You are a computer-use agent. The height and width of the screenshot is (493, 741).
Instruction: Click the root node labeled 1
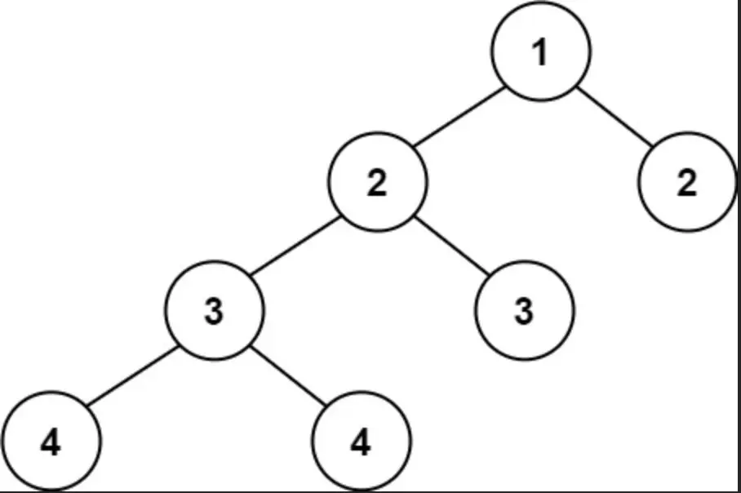540,51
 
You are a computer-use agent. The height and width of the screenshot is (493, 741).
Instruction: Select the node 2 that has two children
378,181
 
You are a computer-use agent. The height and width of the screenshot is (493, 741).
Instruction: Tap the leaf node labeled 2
687,181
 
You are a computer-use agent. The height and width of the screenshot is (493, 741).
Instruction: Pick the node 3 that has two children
214,310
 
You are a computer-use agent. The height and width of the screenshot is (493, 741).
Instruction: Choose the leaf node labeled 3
524,310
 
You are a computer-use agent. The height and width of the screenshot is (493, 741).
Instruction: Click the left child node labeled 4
51,441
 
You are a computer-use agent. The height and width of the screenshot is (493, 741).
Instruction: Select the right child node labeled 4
361,441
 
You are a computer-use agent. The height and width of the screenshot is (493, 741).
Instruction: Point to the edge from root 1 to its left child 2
459,116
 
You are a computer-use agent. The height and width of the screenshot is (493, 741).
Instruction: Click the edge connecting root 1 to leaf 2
615,116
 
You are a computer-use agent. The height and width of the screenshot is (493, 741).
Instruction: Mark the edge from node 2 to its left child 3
295,246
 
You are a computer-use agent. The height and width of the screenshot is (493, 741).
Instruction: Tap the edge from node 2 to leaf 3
451,246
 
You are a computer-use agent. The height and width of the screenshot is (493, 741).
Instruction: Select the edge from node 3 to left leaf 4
132,375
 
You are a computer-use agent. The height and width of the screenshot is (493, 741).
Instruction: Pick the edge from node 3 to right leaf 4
288,375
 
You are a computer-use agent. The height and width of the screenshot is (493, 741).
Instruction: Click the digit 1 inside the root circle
540,52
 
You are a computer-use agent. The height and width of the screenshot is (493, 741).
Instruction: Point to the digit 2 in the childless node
687,183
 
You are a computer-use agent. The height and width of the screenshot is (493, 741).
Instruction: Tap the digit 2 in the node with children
377,183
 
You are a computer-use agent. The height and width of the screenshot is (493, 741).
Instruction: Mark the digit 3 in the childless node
524,312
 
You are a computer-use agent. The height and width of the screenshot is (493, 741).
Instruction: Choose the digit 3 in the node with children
214,312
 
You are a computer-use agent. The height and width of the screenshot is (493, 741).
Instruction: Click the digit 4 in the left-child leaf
51,442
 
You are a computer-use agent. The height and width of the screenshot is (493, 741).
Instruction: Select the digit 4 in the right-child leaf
361,442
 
